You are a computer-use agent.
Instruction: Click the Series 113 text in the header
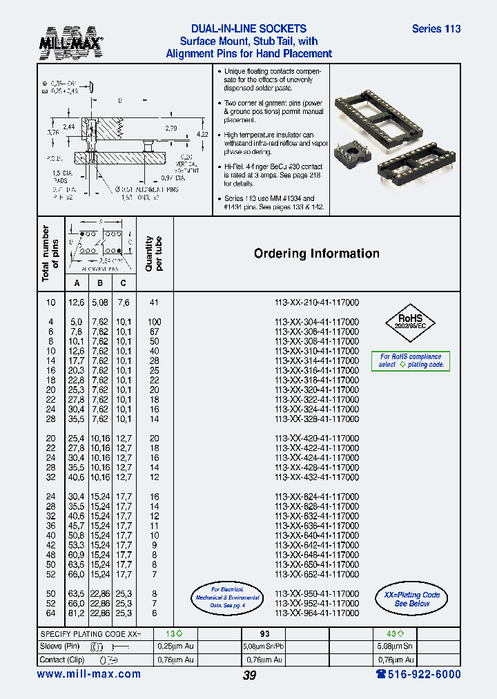pyautogui.click(x=436, y=29)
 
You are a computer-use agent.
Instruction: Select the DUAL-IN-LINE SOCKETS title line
pyautogui.click(x=248, y=29)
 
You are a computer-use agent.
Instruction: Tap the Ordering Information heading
pyautogui.click(x=316, y=253)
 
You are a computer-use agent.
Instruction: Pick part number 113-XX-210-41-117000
pyautogui.click(x=316, y=303)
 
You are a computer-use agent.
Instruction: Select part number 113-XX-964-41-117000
pyautogui.click(x=316, y=613)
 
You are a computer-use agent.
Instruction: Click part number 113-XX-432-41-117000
pyautogui.click(x=316, y=477)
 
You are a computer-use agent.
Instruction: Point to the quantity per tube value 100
pyautogui.click(x=154, y=322)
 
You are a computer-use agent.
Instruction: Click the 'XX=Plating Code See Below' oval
pyautogui.click(x=411, y=599)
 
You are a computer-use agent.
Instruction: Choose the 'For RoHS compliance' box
pyautogui.click(x=411, y=361)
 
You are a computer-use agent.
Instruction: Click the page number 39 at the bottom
pyautogui.click(x=249, y=676)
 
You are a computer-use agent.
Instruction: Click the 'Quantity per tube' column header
pyautogui.click(x=154, y=253)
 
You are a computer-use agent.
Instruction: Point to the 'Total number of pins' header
pyautogui.click(x=50, y=253)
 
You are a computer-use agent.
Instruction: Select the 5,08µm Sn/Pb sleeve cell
pyautogui.click(x=264, y=647)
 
